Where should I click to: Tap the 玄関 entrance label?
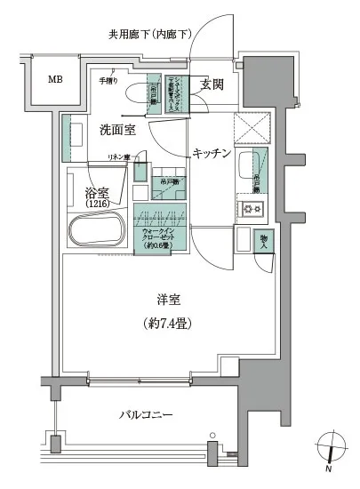click(212, 85)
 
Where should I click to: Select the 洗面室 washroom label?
click(116, 130)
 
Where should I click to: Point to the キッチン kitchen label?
click(212, 154)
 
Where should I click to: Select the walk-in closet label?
click(159, 236)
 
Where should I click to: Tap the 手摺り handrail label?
click(107, 82)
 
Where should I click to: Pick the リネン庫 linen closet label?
click(119, 158)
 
